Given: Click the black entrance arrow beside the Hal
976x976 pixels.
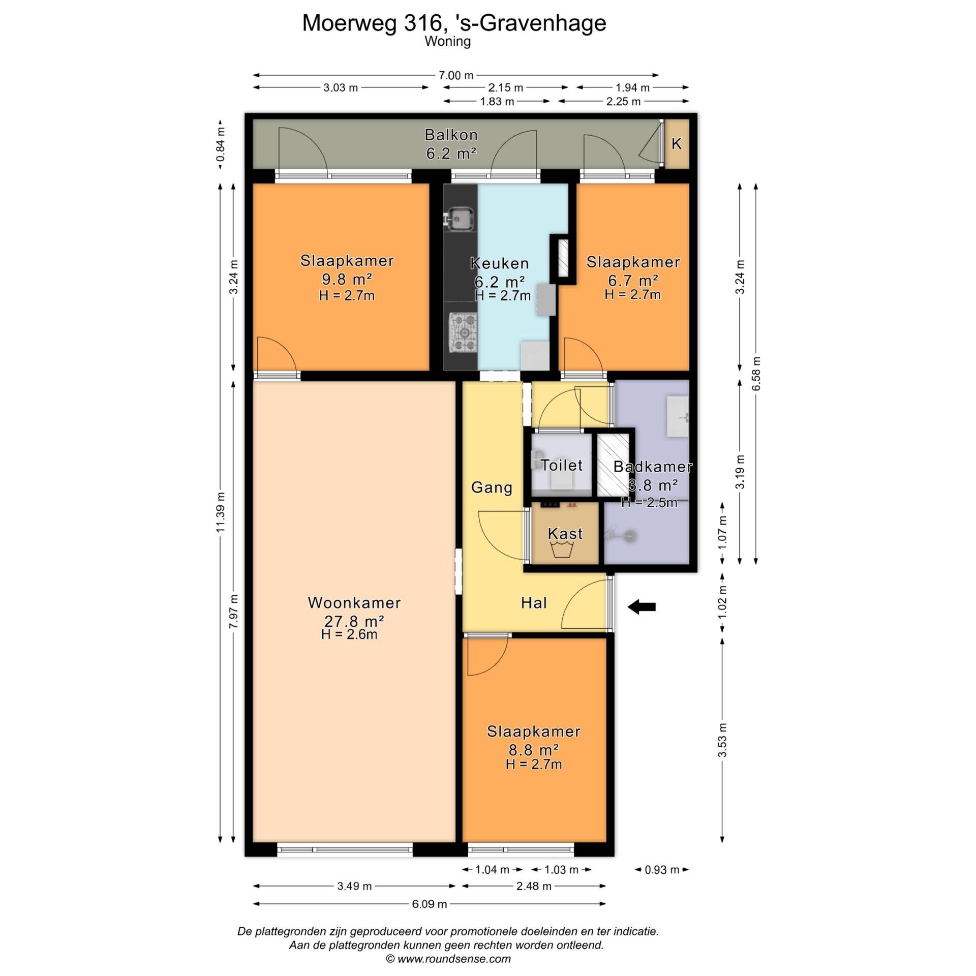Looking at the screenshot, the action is pyautogui.click(x=642, y=606).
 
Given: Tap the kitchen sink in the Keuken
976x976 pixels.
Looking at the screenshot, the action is pyautogui.click(x=461, y=219).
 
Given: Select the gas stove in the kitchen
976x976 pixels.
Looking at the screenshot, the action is pyautogui.click(x=463, y=333).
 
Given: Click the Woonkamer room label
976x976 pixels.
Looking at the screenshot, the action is pyautogui.click(x=354, y=603).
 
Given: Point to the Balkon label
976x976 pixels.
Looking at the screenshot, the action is pyautogui.click(x=451, y=135).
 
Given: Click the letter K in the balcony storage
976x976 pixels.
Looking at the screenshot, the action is pyautogui.click(x=676, y=144).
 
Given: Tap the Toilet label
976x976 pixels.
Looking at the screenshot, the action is pyautogui.click(x=561, y=465).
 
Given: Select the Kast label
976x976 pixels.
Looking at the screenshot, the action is pyautogui.click(x=565, y=533).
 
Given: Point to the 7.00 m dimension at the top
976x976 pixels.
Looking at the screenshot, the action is pyautogui.click(x=456, y=75).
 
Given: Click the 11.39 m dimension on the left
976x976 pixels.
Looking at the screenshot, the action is pyautogui.click(x=220, y=512).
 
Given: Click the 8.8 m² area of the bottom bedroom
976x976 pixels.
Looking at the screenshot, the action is pyautogui.click(x=534, y=750).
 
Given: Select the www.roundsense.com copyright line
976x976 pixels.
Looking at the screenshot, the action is pyautogui.click(x=448, y=959).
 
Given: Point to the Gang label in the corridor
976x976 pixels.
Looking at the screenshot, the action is pyautogui.click(x=492, y=487).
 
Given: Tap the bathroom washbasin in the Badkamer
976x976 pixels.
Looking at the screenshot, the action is pyautogui.click(x=678, y=417).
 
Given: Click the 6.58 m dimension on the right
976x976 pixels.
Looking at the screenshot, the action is pyautogui.click(x=756, y=374).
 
